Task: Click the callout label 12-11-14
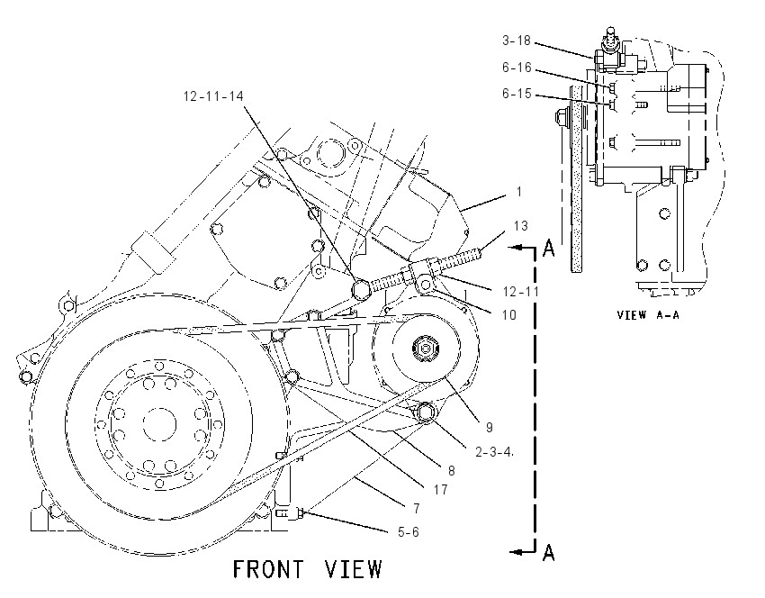point(213,96)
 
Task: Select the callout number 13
point(520,226)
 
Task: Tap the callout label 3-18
point(517,40)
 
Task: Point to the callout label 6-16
point(517,68)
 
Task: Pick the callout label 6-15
point(517,94)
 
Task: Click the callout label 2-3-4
point(494,452)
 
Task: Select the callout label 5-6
point(409,532)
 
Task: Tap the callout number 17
point(441,490)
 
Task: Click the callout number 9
point(490,428)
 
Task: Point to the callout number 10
point(508,315)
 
